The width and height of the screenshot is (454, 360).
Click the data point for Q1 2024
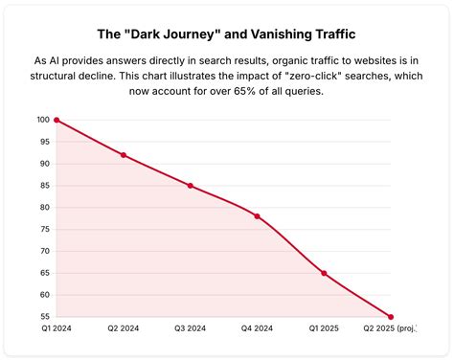pyautogui.click(x=57, y=120)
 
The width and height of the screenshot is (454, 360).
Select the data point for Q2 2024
pyautogui.click(x=124, y=155)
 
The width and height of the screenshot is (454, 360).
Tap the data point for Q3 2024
pyautogui.click(x=191, y=186)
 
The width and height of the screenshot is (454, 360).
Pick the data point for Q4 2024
pyautogui.click(x=257, y=216)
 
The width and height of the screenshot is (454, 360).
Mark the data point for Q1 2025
pyautogui.click(x=324, y=273)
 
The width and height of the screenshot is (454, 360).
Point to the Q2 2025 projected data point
pyautogui.click(x=391, y=316)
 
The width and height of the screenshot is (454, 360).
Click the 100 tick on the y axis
pyautogui.click(x=43, y=120)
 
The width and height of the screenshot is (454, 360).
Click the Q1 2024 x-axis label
pyautogui.click(x=57, y=329)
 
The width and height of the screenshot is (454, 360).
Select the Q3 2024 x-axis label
pyautogui.click(x=191, y=329)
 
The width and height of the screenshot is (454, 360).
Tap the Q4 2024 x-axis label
pyautogui.click(x=257, y=329)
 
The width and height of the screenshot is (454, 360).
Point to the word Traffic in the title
pyautogui.click(x=331, y=34)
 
